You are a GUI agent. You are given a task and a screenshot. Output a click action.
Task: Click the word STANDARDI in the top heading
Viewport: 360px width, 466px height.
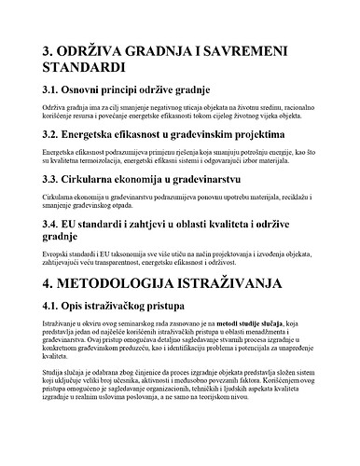98,69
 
